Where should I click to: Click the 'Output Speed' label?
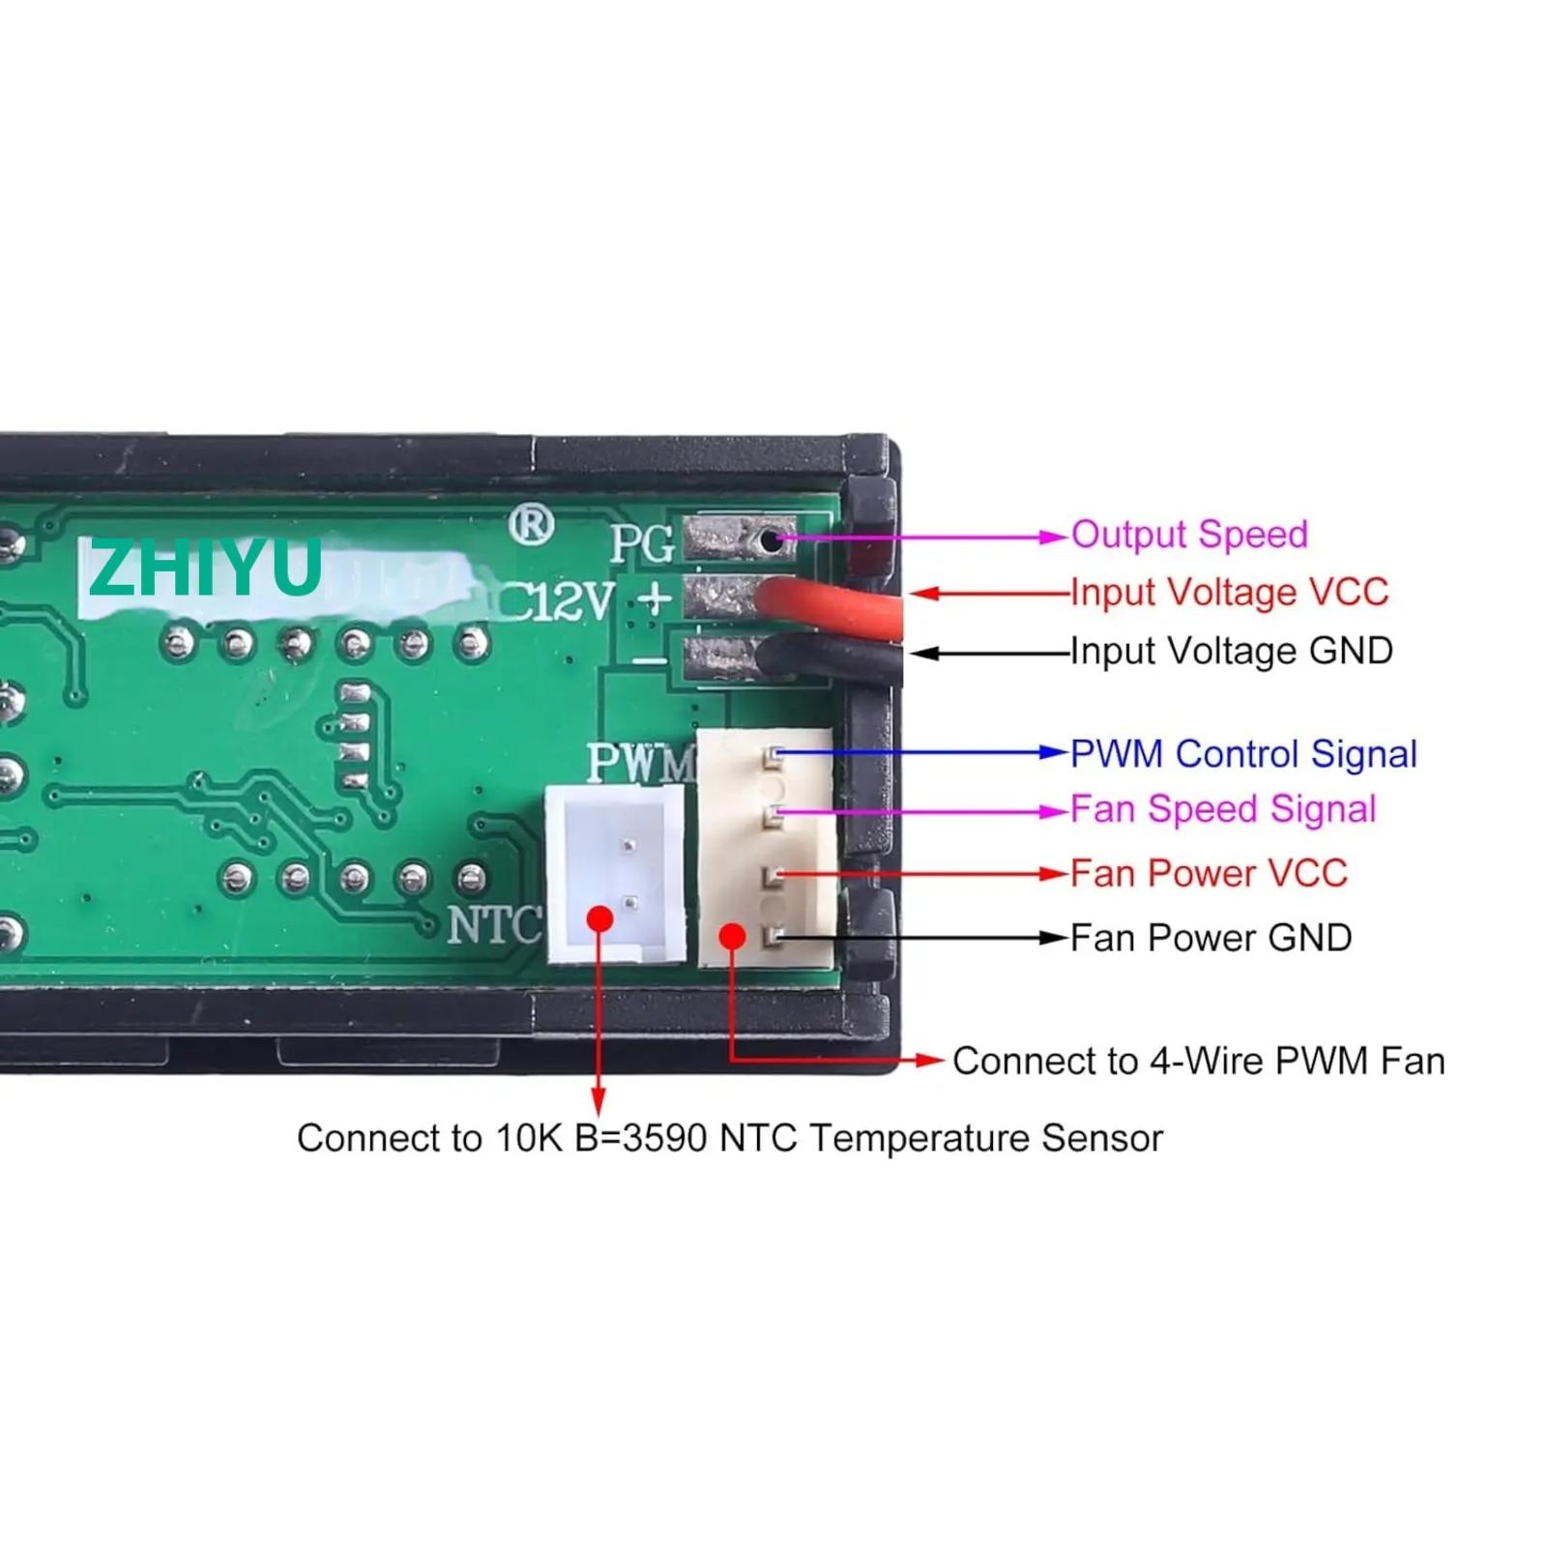tap(1188, 535)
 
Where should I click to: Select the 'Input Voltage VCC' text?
tap(1229, 592)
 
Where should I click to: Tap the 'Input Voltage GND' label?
tap(1231, 651)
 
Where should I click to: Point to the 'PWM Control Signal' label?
tap(1243, 754)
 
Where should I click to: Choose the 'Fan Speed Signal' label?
tap(1222, 809)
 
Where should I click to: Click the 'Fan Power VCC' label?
tap(1209, 873)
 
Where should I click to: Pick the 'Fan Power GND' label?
tap(1211, 937)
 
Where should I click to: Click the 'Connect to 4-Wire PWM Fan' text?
tap(1198, 1061)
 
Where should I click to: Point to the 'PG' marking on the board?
tap(641, 543)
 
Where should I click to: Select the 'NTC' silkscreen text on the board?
tap(494, 925)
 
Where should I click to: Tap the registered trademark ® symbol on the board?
tap(531, 526)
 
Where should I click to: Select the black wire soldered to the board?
tap(832, 659)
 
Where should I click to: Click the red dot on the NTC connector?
tap(600, 918)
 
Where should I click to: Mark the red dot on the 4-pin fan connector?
tap(733, 935)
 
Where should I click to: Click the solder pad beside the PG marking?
tap(740, 540)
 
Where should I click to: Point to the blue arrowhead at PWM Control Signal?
tap(1054, 753)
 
